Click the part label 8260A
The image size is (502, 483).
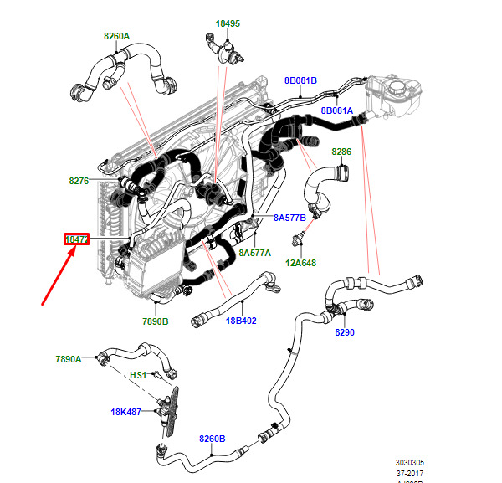point(116,36)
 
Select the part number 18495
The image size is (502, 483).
point(227,23)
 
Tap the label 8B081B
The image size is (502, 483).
point(300,80)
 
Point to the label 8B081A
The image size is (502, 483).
point(337,110)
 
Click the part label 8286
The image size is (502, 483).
point(341,152)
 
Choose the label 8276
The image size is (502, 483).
point(79,180)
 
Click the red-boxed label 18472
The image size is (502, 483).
point(77,239)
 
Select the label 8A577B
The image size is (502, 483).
point(290,218)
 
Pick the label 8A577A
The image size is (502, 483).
point(254,251)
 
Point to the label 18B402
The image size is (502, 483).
point(239,321)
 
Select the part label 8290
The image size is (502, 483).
point(345,332)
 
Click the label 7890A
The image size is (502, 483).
point(69,359)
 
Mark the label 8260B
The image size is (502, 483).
point(212,438)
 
